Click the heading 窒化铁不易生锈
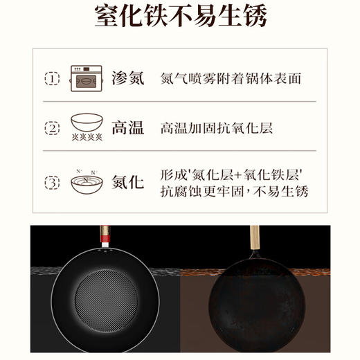click(x=180, y=17)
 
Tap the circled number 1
click(x=52, y=78)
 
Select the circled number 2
click(x=52, y=128)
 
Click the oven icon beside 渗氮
click(x=86, y=79)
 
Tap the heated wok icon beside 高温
click(x=86, y=127)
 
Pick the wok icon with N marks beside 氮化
click(x=86, y=181)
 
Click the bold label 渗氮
click(x=128, y=78)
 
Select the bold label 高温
click(x=128, y=128)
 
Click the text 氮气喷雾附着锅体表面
click(x=231, y=79)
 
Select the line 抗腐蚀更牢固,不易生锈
click(x=234, y=191)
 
